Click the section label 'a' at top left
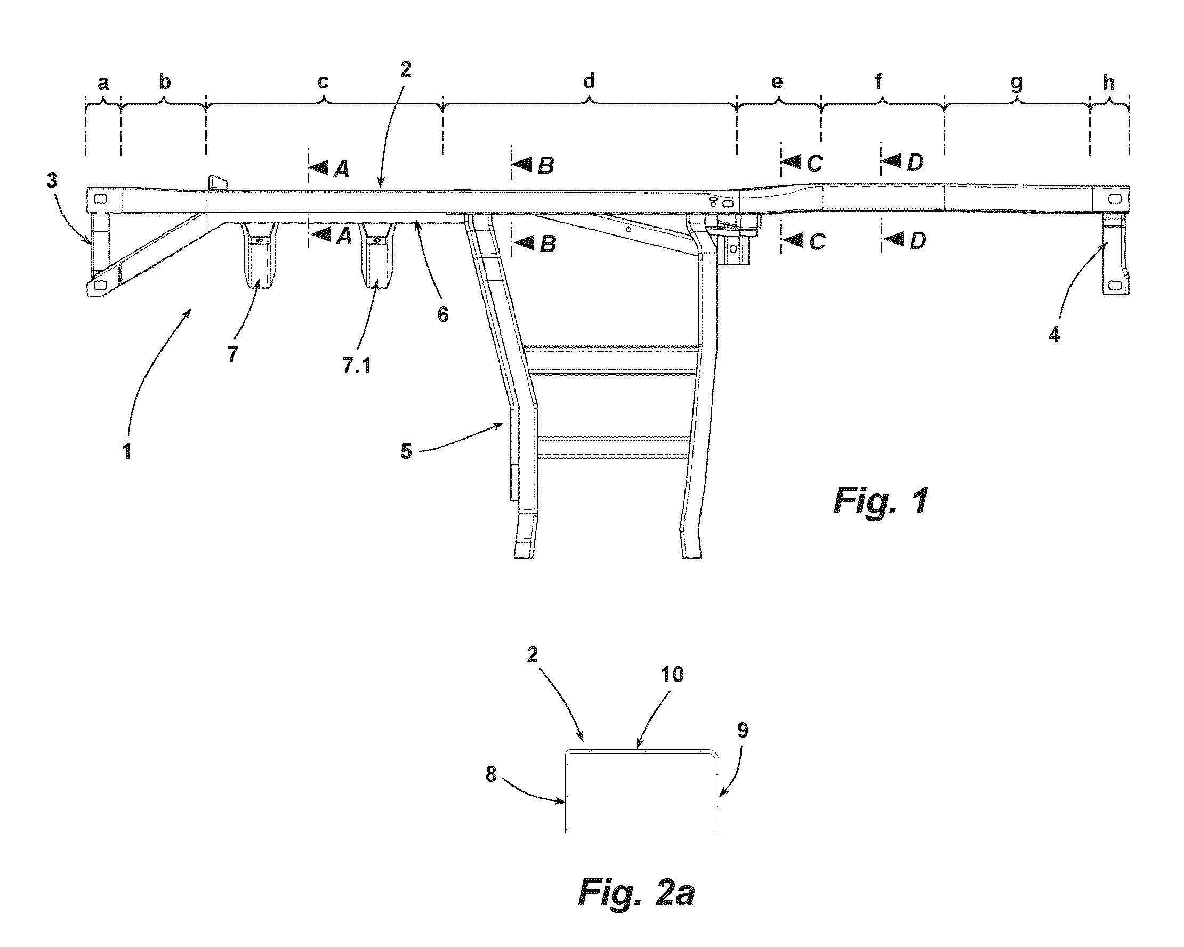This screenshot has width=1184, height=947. (x=103, y=84)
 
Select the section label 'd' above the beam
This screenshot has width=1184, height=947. (x=589, y=80)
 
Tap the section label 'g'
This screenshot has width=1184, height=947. (x=1017, y=84)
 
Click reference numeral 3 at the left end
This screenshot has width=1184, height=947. (x=52, y=181)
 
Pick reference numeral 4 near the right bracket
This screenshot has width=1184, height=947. (x=1054, y=335)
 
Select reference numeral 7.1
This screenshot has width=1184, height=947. (x=357, y=365)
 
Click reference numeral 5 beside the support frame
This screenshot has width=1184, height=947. (x=406, y=451)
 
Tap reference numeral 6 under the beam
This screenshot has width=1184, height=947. (x=442, y=314)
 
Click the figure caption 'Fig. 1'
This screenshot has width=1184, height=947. (x=881, y=500)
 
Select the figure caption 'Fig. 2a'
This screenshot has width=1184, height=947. (x=637, y=893)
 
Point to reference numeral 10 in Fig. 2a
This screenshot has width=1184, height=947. (x=672, y=675)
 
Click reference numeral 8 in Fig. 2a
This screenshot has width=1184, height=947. (x=491, y=775)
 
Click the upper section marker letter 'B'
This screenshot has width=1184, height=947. (x=545, y=165)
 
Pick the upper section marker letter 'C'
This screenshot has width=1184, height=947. (x=815, y=163)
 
